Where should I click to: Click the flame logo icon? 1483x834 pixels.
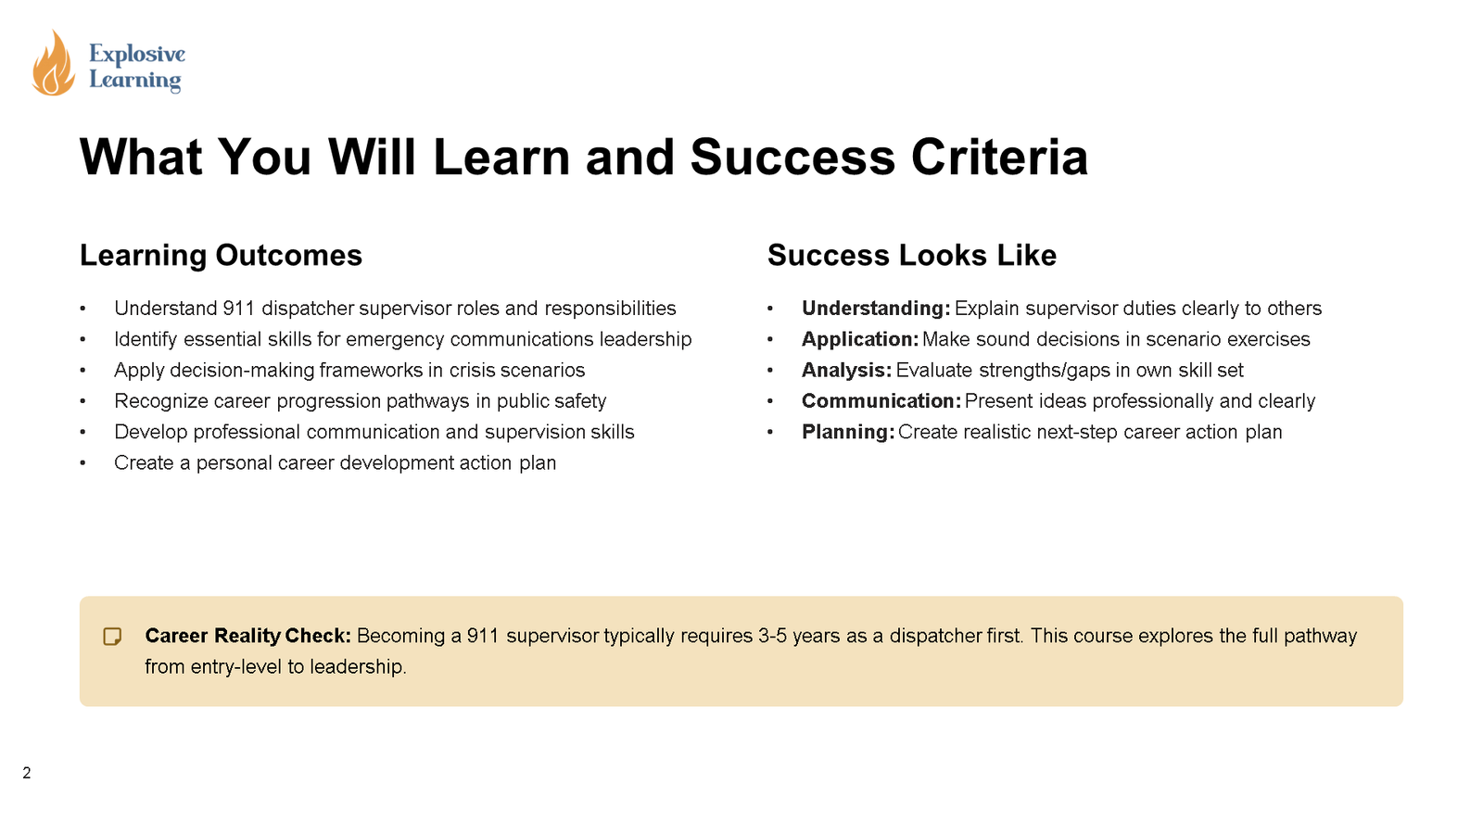click(x=54, y=63)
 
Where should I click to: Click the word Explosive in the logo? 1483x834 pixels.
click(x=137, y=54)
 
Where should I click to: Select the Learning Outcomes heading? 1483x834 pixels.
click(x=221, y=255)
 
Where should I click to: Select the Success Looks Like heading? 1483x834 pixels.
click(x=911, y=255)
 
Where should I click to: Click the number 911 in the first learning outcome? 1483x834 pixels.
click(x=238, y=308)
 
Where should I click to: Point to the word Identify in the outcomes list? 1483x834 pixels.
click(x=146, y=339)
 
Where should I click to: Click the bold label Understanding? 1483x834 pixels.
click(x=875, y=308)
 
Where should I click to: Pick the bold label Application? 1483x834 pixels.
click(x=859, y=339)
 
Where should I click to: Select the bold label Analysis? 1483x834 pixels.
click(x=846, y=370)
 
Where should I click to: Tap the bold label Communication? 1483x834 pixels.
click(x=881, y=400)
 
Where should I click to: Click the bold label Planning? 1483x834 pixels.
click(x=847, y=432)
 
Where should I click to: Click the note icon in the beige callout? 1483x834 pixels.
click(x=112, y=637)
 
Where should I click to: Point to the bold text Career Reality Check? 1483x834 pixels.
click(x=247, y=636)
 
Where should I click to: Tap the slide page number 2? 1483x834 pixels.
click(x=27, y=773)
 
